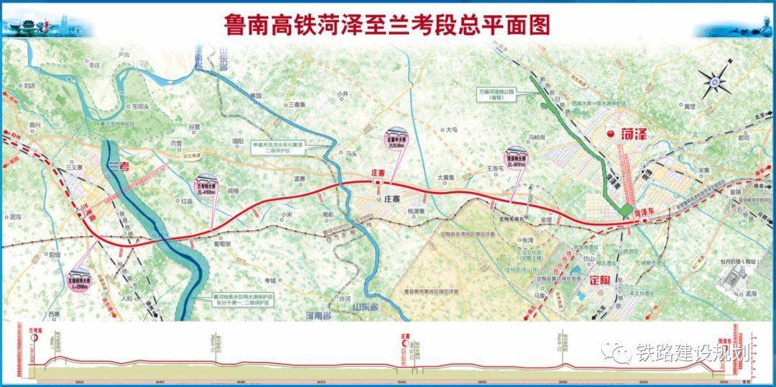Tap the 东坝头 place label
pyautogui.click(x=139, y=106)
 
